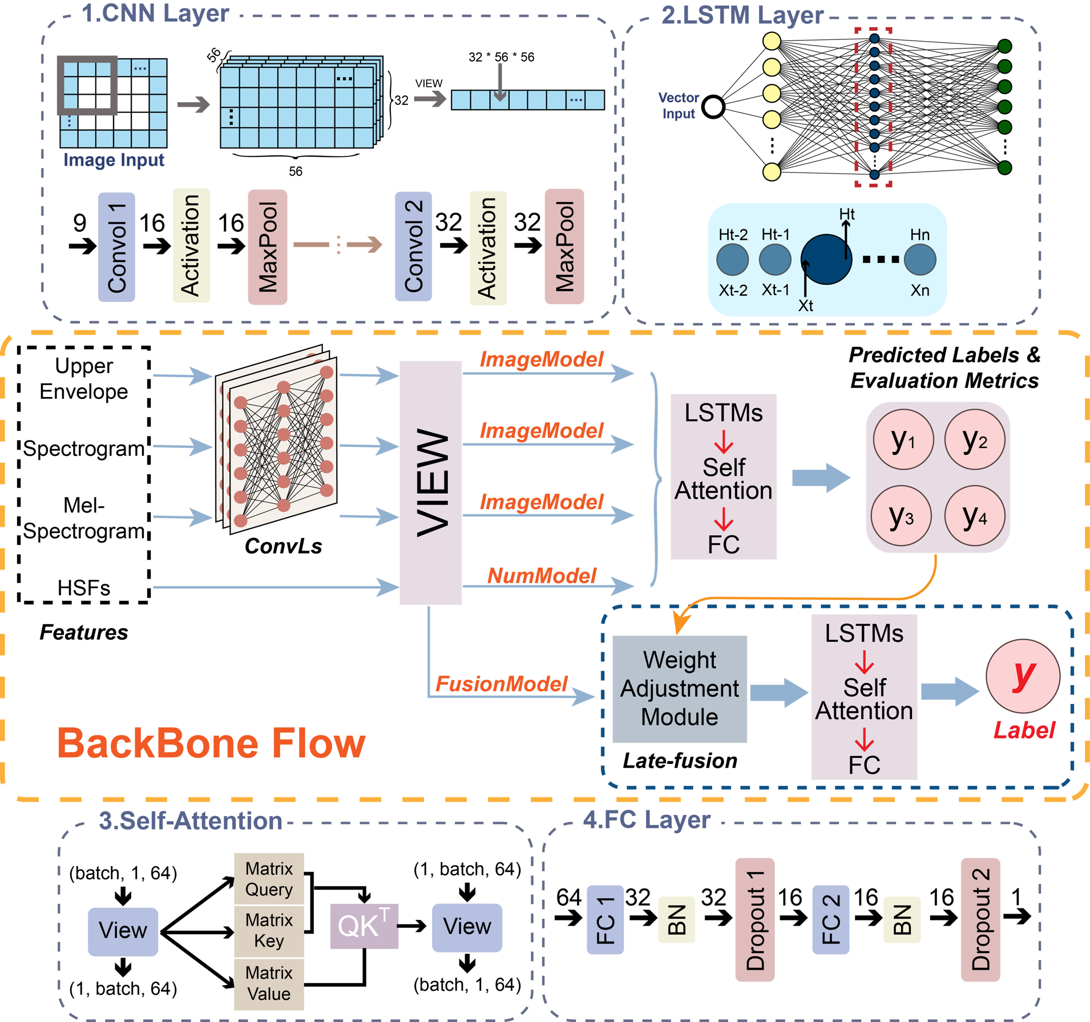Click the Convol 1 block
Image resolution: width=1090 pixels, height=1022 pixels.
[x=116, y=247]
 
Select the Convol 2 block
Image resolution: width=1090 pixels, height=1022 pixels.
[x=413, y=247]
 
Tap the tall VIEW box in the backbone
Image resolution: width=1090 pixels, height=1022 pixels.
[x=430, y=483]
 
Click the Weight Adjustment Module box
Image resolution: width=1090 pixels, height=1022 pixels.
[x=680, y=689]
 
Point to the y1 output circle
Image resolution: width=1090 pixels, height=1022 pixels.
[x=903, y=440]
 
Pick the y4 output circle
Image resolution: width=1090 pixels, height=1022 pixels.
[x=975, y=516]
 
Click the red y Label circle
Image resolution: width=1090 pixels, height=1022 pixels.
[x=1023, y=676]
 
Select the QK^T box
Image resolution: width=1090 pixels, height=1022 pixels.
[x=364, y=926]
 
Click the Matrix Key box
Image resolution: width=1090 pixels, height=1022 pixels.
[x=269, y=931]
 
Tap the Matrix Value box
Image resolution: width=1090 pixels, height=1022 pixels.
[x=269, y=984]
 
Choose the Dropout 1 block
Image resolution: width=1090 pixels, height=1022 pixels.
[x=755, y=920]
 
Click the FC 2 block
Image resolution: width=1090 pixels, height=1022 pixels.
[x=830, y=920]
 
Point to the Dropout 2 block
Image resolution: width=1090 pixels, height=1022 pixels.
[x=980, y=920]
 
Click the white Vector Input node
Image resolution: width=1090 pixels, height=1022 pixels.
[x=713, y=107]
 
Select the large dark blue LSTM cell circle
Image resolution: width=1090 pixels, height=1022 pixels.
[x=826, y=260]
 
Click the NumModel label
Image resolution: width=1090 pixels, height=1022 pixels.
[x=542, y=576]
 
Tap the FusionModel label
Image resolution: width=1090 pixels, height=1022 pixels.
[x=501, y=684]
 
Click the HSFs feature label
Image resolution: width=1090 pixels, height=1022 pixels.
[x=84, y=588]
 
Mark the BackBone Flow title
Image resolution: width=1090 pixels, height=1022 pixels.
[x=211, y=744]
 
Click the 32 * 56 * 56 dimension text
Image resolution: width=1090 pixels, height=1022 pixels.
[x=501, y=57]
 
